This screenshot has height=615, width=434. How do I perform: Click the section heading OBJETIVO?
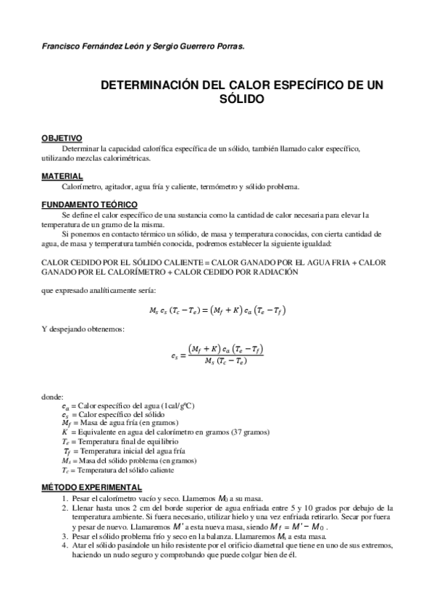[x=62, y=138]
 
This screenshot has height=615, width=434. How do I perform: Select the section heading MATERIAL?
[x=62, y=176]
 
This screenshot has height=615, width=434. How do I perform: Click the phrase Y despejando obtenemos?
[x=83, y=329]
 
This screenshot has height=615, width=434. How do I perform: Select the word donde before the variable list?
[x=53, y=397]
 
